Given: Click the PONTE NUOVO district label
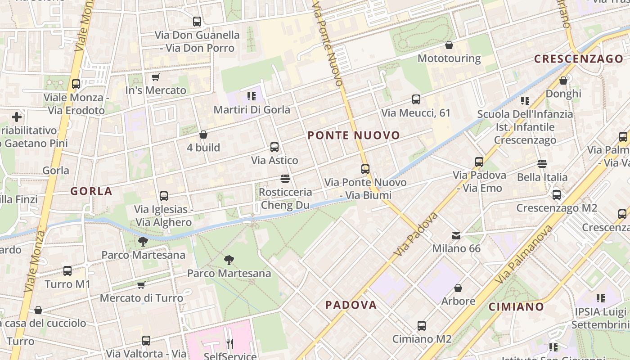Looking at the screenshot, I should (x=354, y=135).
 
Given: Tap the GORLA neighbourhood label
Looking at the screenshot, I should (x=91, y=191).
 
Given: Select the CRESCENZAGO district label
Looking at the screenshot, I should (x=578, y=59).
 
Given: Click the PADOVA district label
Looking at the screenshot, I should (x=351, y=305).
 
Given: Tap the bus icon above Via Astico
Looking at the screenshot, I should (x=274, y=147).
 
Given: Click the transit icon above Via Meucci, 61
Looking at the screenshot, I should (x=416, y=99).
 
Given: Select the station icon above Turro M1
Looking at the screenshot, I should (x=67, y=271).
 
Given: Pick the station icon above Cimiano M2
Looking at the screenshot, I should (x=422, y=326).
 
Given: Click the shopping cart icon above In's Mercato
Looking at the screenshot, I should (x=155, y=77).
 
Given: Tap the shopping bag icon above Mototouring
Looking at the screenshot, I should (x=449, y=45).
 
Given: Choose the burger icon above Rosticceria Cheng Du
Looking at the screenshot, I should (x=285, y=179).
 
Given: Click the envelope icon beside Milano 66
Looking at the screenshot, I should (x=456, y=235).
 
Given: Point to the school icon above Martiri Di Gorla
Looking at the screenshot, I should (x=252, y=96).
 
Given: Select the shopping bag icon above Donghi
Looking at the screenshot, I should (x=563, y=81).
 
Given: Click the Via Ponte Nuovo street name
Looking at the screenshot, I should (x=328, y=43).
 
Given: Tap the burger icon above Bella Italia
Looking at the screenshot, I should (x=542, y=164).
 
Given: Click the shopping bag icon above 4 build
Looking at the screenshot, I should (x=203, y=135).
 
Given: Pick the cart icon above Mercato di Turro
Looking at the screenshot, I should (x=141, y=285).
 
